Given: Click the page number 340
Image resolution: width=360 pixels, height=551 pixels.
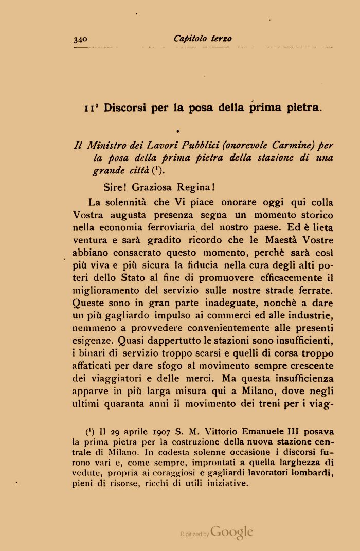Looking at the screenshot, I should [x=81, y=39].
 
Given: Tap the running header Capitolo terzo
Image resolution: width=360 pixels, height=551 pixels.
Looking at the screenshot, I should [x=203, y=39].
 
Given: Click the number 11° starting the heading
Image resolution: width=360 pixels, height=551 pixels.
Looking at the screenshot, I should [x=92, y=109].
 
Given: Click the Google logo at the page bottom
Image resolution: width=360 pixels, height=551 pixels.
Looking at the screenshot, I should [x=231, y=532].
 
